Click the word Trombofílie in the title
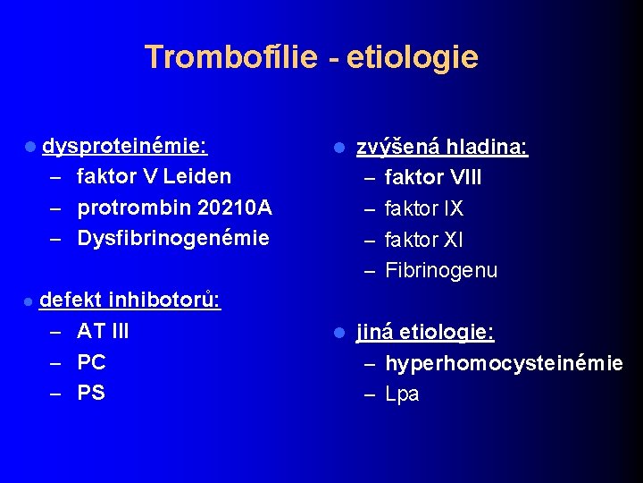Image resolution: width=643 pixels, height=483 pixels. pyautogui.click(x=230, y=57)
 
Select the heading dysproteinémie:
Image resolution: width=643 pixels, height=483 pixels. pyautogui.click(x=126, y=145)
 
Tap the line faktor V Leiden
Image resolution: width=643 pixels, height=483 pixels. pyautogui.click(x=154, y=176)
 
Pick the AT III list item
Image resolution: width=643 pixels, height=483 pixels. pyautogui.click(x=103, y=331)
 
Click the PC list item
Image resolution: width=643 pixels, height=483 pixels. pyautogui.click(x=91, y=362)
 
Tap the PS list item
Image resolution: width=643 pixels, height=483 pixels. pyautogui.click(x=91, y=394)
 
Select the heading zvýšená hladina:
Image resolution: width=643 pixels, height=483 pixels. pyautogui.click(x=442, y=146)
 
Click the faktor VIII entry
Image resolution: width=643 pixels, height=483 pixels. pyautogui.click(x=433, y=177)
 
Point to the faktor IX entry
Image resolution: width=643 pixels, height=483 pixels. pyautogui.click(x=423, y=208)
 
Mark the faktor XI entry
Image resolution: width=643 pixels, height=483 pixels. pyautogui.click(x=423, y=240)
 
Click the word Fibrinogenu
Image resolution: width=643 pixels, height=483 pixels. pyautogui.click(x=441, y=270)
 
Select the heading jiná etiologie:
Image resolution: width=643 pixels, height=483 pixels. pyautogui.click(x=425, y=332)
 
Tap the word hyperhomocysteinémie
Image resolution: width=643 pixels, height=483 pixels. pyautogui.click(x=504, y=363)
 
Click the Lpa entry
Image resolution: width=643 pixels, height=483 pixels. pyautogui.click(x=402, y=394)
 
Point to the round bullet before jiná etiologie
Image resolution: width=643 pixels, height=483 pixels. pyautogui.click(x=338, y=333)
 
